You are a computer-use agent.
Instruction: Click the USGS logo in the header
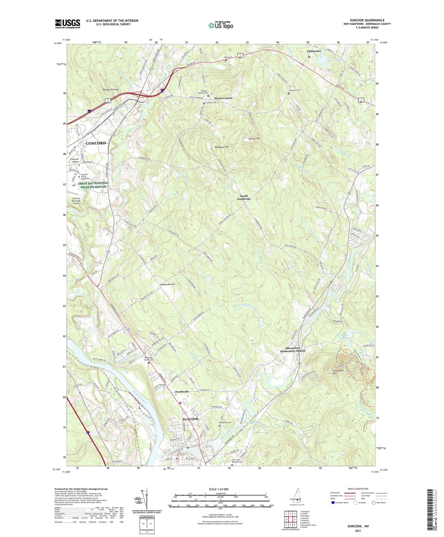point(68,24)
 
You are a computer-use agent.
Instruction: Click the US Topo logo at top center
point(220,25)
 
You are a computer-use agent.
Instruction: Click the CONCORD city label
point(96,143)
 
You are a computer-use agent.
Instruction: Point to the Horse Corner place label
point(223,98)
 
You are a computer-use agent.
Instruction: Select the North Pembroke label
point(244,197)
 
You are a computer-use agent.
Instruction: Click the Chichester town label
point(314,51)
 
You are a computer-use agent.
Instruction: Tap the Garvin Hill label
point(254,139)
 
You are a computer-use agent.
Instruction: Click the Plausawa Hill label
point(221,147)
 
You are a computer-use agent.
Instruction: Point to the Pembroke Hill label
point(167,284)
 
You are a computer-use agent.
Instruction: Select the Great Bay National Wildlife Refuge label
point(93,185)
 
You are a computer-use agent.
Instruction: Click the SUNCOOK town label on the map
point(191,419)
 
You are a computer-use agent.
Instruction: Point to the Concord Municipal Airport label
point(76,201)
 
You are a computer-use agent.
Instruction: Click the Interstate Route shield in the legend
point(333,503)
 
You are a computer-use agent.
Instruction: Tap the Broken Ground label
point(111,89)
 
